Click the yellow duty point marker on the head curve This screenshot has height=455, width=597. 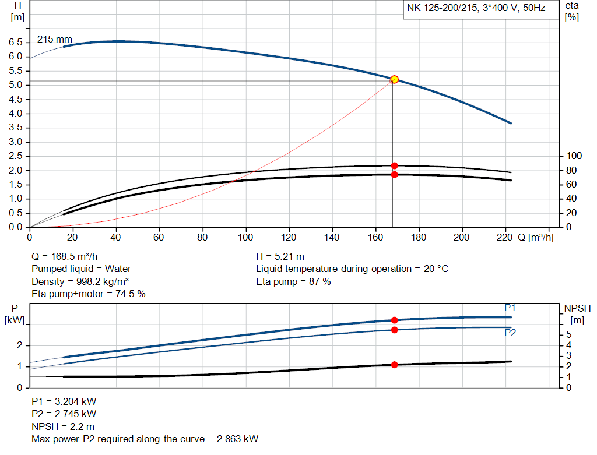tap(394, 79)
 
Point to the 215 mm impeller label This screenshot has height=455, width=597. tap(54, 40)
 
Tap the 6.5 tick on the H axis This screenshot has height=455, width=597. tap(16, 43)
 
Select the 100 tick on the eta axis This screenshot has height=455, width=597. tap(574, 156)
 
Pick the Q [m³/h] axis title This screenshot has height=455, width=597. tap(535, 238)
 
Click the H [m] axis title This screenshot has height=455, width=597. tap(17, 11)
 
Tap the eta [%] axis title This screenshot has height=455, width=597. tap(572, 11)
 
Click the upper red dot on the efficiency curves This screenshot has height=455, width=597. tap(394, 165)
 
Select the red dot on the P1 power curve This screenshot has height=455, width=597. tap(394, 320)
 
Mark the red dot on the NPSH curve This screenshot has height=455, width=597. tap(394, 365)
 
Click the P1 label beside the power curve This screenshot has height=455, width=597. tap(510, 308)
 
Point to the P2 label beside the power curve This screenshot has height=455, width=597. tap(510, 333)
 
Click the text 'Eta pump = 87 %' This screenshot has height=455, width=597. tap(293, 281)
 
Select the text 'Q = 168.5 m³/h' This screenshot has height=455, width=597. tap(65, 256)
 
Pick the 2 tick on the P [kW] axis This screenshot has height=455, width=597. tap(19, 345)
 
